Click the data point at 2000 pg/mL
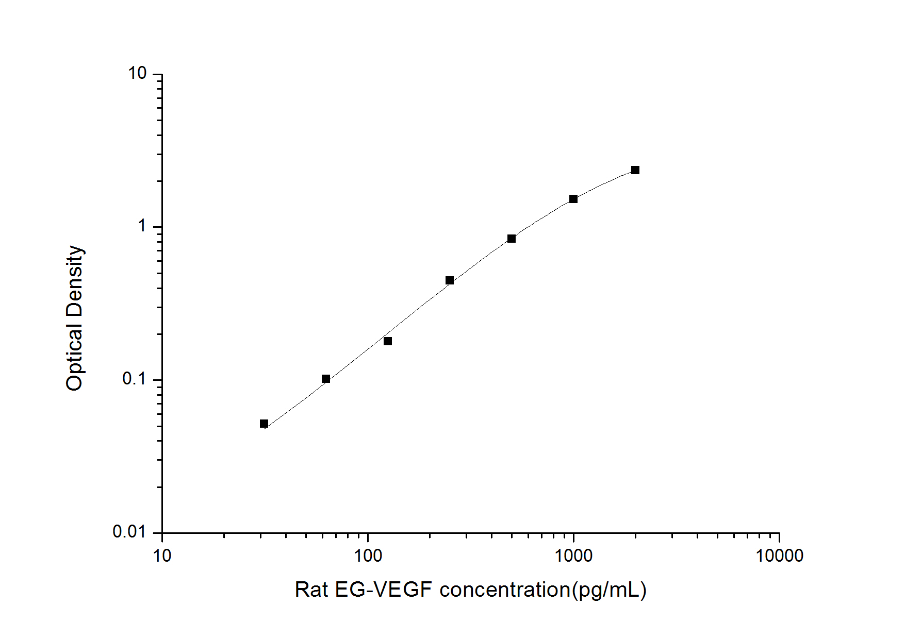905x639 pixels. point(635,170)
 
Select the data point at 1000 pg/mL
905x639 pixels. point(573,199)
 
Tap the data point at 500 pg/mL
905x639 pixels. point(511,239)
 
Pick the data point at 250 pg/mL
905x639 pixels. point(449,280)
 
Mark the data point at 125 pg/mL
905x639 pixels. point(387,341)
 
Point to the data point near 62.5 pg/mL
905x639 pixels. point(325,379)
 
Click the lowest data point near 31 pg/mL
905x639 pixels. point(264,424)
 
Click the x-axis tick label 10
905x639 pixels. point(162,556)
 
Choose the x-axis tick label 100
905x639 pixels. point(368,556)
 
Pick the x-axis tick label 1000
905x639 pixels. point(573,556)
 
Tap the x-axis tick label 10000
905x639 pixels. point(779,556)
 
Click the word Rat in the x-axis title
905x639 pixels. point(311,590)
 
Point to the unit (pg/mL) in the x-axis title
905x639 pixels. point(609,590)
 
